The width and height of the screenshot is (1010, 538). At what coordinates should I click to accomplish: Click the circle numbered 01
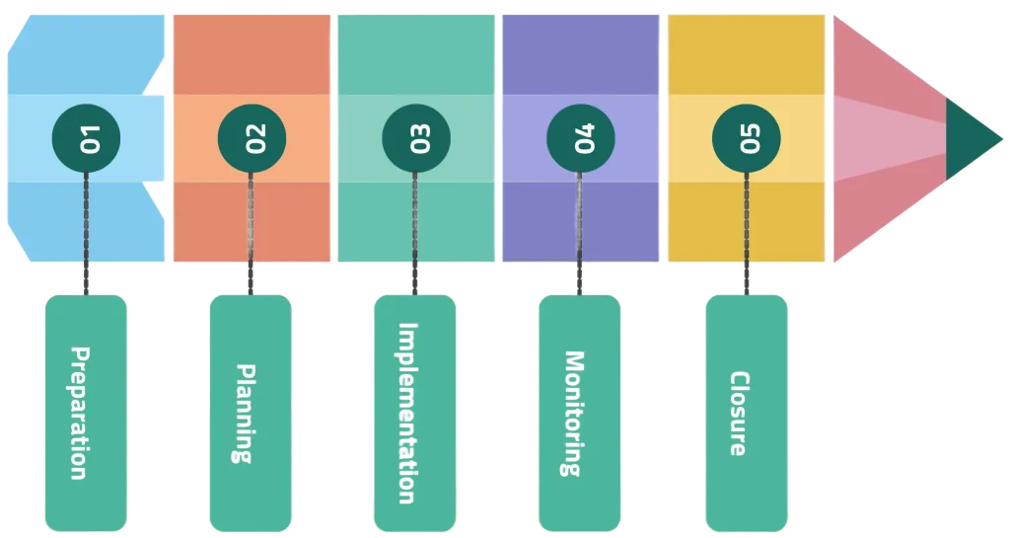pos(86,138)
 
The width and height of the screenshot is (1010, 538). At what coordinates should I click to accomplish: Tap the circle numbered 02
pos(251,138)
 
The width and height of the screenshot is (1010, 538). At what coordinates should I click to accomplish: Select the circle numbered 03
pos(415,138)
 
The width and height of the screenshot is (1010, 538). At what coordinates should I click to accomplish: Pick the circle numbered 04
pos(580,138)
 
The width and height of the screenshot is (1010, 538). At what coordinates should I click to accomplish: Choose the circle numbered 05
pos(746,138)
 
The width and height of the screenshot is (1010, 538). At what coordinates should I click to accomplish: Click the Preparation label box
pos(86,413)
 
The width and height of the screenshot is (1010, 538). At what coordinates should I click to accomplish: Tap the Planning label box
pos(251,413)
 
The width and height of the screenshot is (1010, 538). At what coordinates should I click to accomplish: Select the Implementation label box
pos(415,413)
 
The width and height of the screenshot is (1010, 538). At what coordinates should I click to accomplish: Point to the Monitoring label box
pos(580,413)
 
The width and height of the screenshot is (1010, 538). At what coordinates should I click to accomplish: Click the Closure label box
pos(746,413)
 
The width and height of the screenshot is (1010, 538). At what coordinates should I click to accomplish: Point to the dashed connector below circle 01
pos(86,232)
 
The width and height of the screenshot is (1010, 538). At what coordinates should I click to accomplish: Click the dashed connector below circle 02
pos(251,232)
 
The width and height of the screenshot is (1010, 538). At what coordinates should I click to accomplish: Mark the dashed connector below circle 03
pos(415,232)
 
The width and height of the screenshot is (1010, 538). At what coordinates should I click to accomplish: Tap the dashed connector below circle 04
pos(580,232)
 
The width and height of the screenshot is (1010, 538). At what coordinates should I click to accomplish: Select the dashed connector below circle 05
pos(746,232)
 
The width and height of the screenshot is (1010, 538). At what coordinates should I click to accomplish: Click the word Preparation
pos(79,413)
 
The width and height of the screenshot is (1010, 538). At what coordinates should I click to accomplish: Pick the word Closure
pos(738,413)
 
